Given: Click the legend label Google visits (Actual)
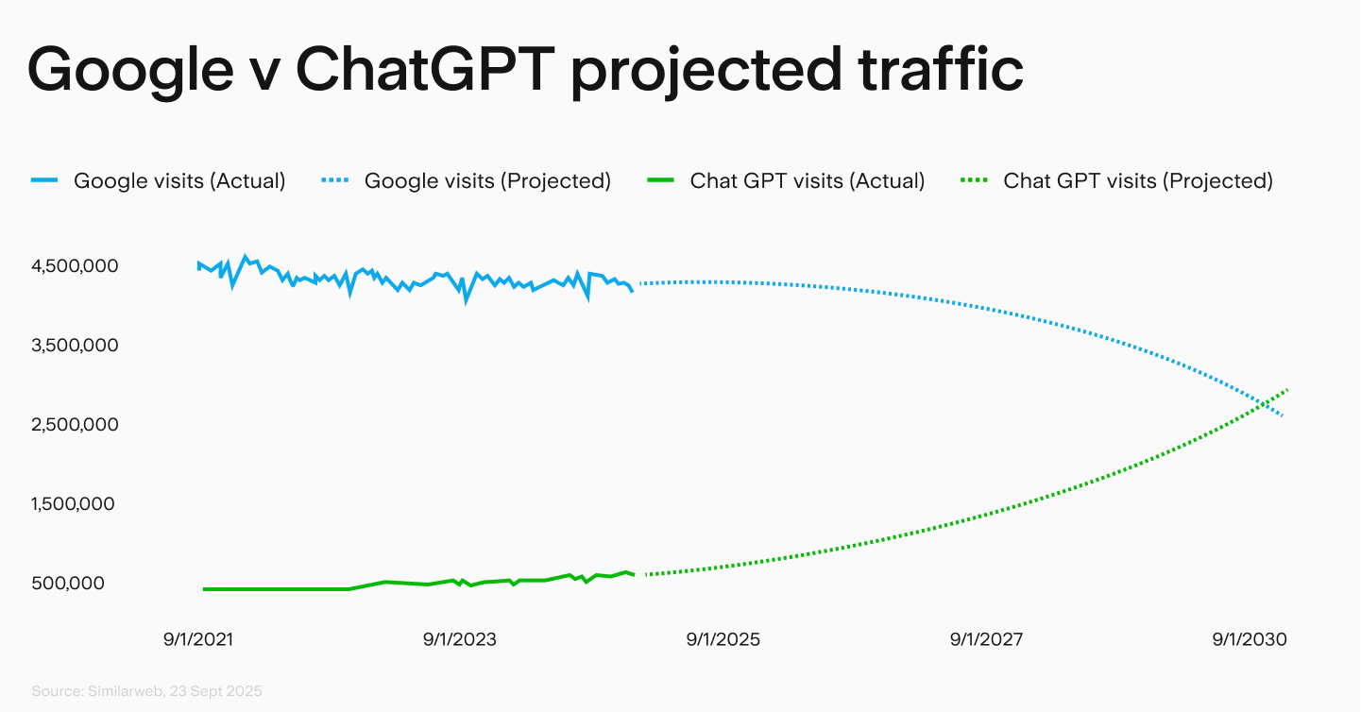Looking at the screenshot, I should coord(179,180).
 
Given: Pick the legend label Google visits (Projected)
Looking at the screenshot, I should coord(487,180).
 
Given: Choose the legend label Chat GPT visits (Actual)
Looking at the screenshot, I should coord(807,180).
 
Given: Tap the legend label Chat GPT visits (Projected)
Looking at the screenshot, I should coord(1138,180).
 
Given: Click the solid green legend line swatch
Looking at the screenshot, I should coord(660,180).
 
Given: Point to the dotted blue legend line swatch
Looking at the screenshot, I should coord(334,180).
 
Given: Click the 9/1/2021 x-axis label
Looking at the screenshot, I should coord(197,639).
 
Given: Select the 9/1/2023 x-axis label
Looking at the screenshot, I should coord(460,639).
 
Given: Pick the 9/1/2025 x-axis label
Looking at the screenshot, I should coord(723,639).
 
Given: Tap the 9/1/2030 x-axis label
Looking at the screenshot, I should coord(1250,639).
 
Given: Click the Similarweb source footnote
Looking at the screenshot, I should coord(146,691).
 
